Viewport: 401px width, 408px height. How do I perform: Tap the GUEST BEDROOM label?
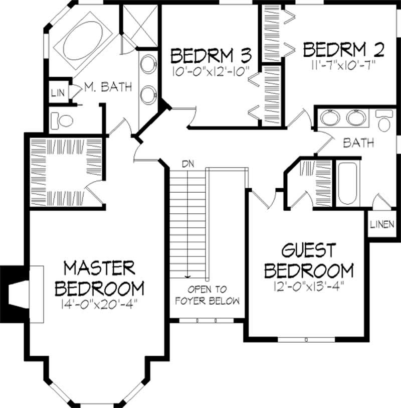click(308, 260)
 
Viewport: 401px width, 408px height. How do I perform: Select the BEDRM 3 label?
click(211, 54)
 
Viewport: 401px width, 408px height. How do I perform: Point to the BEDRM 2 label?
click(344, 50)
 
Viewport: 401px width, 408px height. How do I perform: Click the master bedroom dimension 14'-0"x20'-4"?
click(99, 304)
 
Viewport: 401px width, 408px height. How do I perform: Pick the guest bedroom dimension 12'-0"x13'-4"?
click(308, 288)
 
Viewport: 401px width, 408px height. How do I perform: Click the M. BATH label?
click(108, 87)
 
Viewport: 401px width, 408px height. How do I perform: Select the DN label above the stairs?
click(188, 164)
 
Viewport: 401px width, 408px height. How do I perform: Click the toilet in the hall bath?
click(384, 122)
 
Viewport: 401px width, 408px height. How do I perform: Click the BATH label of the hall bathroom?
click(358, 143)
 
